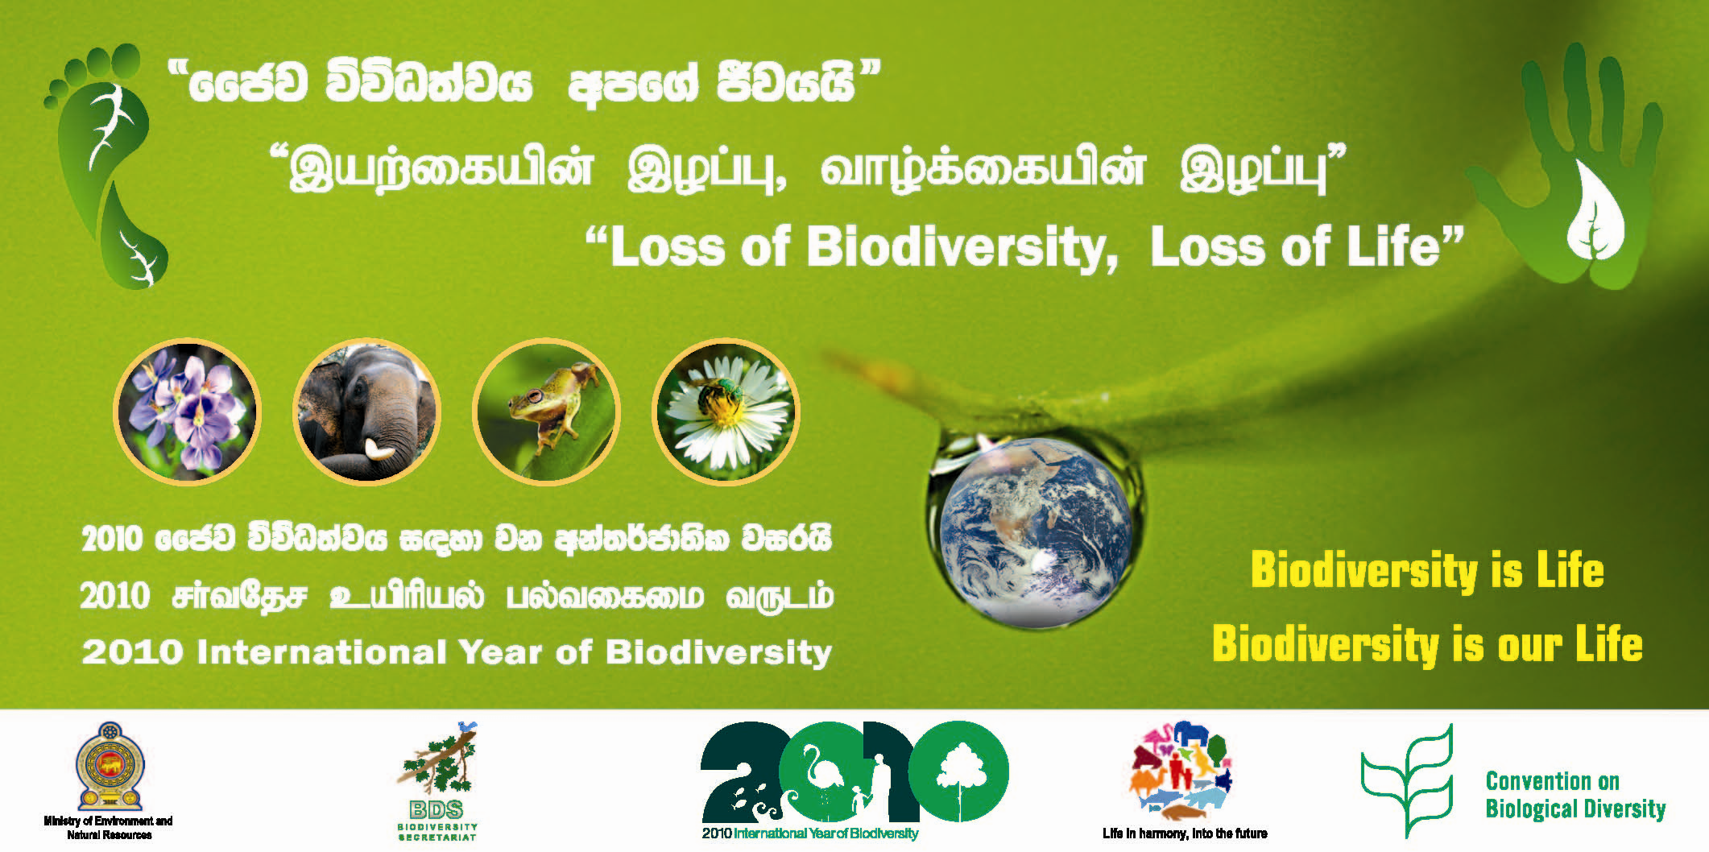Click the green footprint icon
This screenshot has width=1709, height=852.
pos(109,169)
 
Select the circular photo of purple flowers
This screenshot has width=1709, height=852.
pos(187,412)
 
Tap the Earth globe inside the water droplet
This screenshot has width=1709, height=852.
pos(1035,531)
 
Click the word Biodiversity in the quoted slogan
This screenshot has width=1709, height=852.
pos(962,246)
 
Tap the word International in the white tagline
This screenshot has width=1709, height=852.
pos(321,652)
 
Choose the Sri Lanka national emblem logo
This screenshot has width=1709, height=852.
pos(110,767)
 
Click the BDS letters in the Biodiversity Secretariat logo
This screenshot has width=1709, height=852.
pos(437,809)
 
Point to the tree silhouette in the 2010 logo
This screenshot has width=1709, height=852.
pos(958,773)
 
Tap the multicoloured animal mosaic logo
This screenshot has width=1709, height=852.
pos(1182,769)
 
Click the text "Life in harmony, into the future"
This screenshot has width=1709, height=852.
pos(1185,833)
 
